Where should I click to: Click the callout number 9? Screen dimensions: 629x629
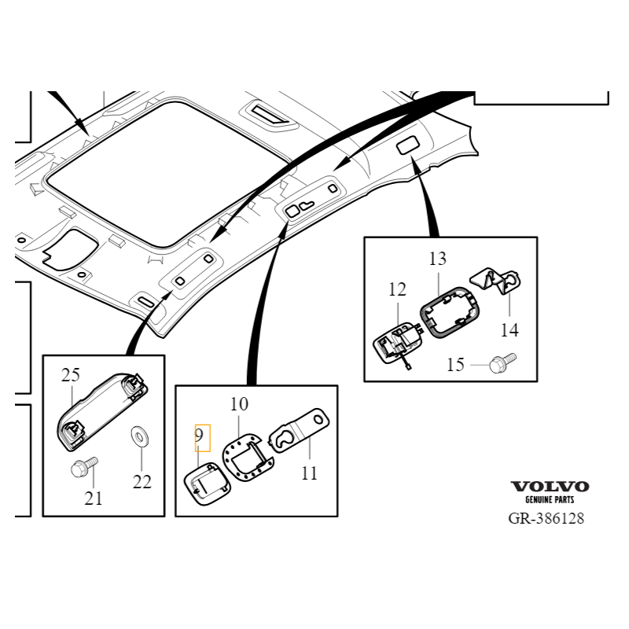tap(199, 435)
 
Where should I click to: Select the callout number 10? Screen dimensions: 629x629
tap(239, 404)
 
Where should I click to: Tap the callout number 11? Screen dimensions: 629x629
tap(309, 473)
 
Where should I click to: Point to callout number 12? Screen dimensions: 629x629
tap(397, 289)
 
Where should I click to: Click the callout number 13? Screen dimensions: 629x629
tap(438, 259)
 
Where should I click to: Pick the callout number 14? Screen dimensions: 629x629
tap(509, 330)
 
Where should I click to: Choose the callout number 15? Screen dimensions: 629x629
tap(456, 365)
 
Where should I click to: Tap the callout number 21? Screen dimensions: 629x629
tap(94, 498)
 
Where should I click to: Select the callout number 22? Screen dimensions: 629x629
tap(142, 482)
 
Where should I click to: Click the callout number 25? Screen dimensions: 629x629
tap(71, 375)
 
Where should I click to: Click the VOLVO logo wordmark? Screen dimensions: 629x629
tap(550, 487)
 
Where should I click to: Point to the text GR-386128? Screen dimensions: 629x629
tap(546, 518)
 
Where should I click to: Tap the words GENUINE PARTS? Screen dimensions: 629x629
tap(550, 499)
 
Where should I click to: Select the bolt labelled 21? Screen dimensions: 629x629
tap(84, 467)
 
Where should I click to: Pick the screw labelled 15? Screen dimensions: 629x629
tap(503, 362)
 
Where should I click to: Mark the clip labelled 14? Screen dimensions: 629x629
tap(496, 281)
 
